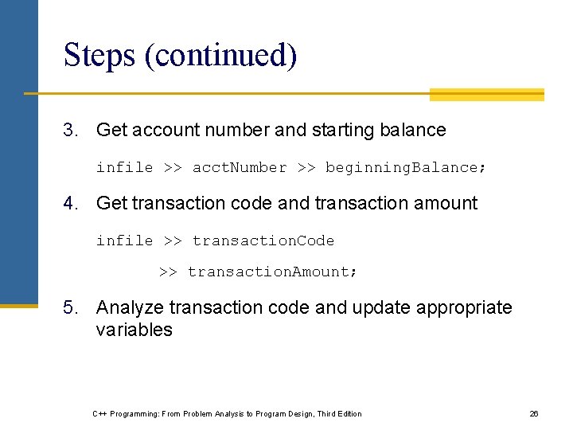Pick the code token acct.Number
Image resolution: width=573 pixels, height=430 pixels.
pyautogui.click(x=240, y=167)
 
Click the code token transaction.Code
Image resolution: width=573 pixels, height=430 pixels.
pyautogui.click(x=263, y=240)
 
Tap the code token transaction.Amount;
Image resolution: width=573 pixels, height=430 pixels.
pyautogui.click(x=273, y=272)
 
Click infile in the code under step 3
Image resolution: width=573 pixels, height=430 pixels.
pyautogui.click(x=124, y=167)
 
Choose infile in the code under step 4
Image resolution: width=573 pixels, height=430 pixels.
pyautogui.click(x=124, y=240)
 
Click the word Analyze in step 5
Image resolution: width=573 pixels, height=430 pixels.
pyautogui.click(x=130, y=307)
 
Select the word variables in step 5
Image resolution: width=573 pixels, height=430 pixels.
pyautogui.click(x=134, y=330)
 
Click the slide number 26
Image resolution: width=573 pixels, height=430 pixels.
pyautogui.click(x=534, y=413)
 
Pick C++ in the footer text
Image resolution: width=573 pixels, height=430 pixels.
pyautogui.click(x=99, y=413)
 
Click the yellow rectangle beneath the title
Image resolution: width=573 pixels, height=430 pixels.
pyautogui.click(x=486, y=95)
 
